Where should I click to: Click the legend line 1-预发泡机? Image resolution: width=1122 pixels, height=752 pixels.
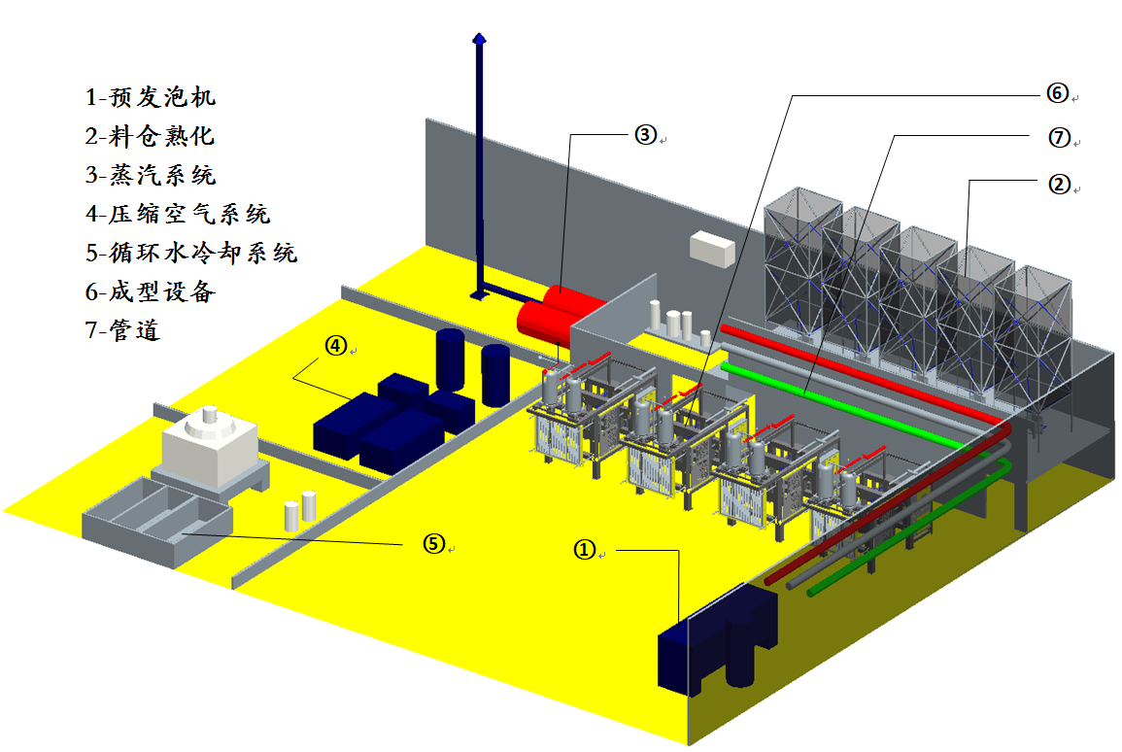click(151, 96)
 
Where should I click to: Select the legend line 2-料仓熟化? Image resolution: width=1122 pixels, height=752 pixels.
click(150, 135)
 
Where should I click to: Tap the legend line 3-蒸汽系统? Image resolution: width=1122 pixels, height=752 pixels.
click(151, 175)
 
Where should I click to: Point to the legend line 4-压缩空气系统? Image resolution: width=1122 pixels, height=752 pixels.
click(178, 213)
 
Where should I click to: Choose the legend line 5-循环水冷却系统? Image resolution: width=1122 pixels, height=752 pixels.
click(191, 252)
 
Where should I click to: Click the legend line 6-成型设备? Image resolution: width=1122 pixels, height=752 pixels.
click(151, 291)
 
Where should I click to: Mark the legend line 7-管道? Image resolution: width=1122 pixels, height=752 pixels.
click(122, 329)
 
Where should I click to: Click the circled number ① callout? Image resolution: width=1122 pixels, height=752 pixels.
click(585, 550)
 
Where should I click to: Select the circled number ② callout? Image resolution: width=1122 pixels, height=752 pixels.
click(1059, 185)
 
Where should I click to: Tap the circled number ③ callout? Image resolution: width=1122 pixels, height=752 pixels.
click(645, 134)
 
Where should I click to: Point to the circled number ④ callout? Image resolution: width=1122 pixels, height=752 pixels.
click(335, 346)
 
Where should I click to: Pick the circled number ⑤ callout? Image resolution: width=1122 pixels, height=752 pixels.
click(433, 544)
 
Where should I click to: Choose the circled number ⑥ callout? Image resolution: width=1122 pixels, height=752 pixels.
click(1058, 93)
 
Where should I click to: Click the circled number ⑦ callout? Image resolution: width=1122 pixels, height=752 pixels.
click(1059, 137)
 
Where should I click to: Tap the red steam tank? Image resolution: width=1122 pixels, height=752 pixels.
click(559, 315)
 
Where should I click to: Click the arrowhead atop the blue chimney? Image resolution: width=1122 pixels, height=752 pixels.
click(480, 38)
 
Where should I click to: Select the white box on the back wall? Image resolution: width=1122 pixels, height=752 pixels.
click(712, 248)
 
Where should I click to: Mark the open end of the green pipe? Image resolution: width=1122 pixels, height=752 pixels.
click(811, 593)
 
